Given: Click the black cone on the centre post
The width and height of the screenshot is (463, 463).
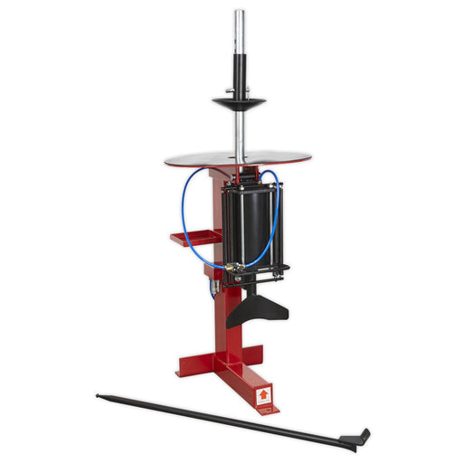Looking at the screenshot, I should tap(238, 101).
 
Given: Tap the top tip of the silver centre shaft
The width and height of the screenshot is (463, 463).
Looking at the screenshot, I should tap(239, 13).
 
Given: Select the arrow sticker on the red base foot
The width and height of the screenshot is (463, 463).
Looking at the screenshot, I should tap(264, 394).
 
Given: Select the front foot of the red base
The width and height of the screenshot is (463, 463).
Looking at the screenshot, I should tap(263, 394).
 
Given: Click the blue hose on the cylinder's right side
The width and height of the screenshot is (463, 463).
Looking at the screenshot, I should tap(275, 222).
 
